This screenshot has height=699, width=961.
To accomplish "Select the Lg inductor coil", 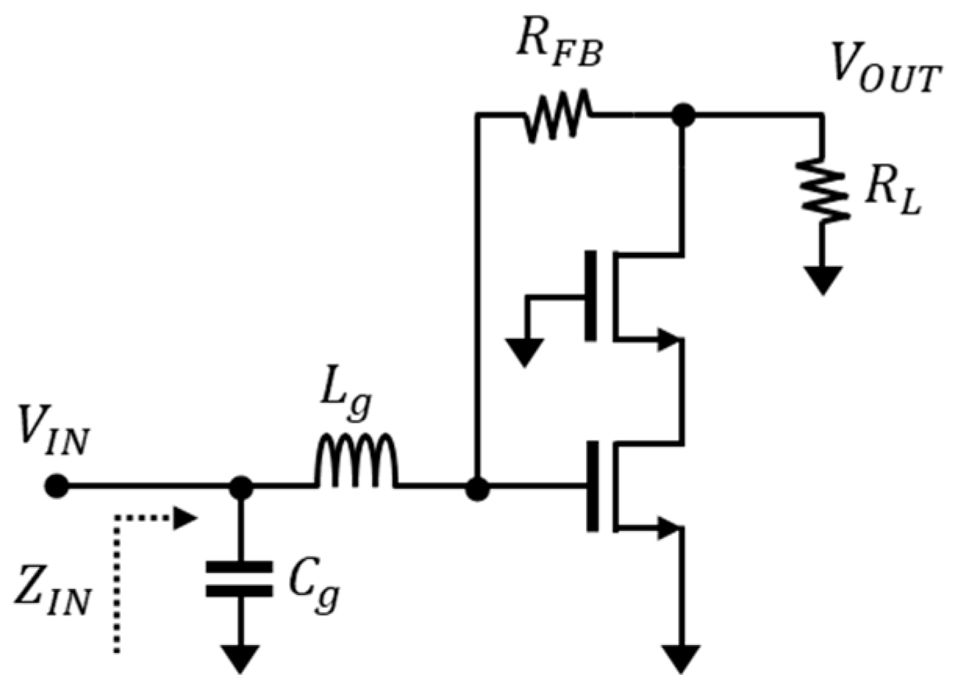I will [356, 465].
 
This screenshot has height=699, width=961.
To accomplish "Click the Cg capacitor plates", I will [240, 578].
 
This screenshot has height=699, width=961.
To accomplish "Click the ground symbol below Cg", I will [240, 658].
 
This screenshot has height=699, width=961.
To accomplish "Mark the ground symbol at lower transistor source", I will [682, 658].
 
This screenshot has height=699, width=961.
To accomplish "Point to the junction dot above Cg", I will [241, 487].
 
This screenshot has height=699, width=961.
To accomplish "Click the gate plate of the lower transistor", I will [592, 487].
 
